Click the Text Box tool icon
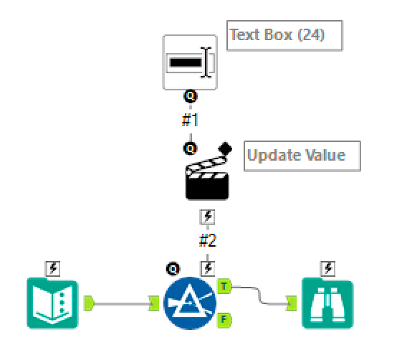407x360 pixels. tap(190, 62)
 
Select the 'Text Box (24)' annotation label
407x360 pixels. tap(284, 35)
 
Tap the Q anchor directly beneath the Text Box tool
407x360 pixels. tap(190, 96)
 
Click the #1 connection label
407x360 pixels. tap(190, 119)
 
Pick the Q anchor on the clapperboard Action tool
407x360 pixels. tap(191, 148)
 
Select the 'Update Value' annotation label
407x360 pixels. tap(302, 156)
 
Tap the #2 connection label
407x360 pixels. tap(208, 241)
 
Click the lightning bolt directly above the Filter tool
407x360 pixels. tap(208, 268)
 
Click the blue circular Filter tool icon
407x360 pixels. tap(190, 304)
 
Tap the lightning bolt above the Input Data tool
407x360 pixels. tap(52, 268)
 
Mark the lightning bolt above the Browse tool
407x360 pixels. tap(328, 268)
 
